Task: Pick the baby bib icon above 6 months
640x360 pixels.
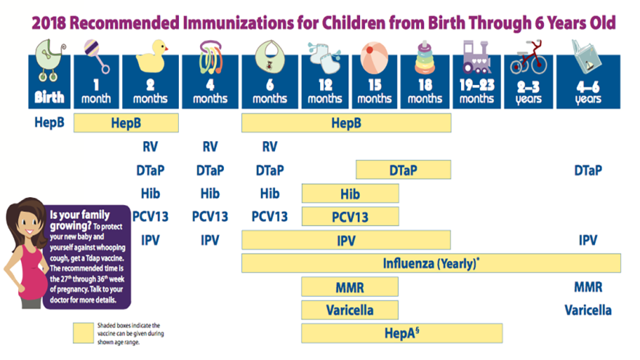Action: (x=270, y=55)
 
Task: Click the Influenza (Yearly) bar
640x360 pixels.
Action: (x=431, y=263)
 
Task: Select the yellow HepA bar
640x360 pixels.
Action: (x=401, y=333)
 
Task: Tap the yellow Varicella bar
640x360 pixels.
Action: (x=350, y=310)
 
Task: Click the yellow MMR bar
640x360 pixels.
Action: (x=350, y=287)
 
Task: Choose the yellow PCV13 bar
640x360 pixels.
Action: (x=350, y=217)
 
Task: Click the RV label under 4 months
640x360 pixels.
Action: (x=210, y=147)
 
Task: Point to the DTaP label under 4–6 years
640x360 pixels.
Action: (x=588, y=170)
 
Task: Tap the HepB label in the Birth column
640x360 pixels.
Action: (x=49, y=121)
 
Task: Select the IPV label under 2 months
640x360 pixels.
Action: (x=151, y=240)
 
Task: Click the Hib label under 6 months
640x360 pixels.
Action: (x=270, y=193)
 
